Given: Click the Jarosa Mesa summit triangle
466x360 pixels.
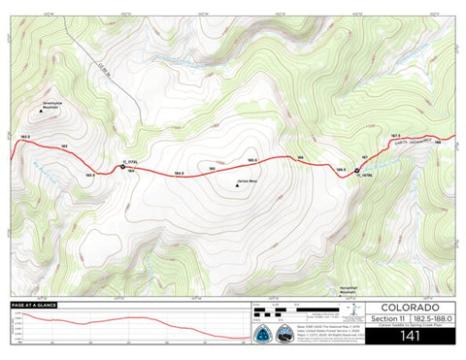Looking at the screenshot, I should [238, 187].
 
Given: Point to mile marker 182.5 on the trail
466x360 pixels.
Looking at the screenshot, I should [24, 137].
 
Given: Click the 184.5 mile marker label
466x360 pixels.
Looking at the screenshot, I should [179, 174].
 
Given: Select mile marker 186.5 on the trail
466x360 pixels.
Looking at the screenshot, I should [341, 169].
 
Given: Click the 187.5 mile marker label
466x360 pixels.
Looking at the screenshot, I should [395, 135].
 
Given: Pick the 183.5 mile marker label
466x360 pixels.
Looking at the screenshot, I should [89, 175].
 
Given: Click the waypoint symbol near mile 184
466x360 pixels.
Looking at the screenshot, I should [122, 167].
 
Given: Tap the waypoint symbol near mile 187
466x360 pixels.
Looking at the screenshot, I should [357, 171].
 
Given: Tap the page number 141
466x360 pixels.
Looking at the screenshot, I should [409, 337].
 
